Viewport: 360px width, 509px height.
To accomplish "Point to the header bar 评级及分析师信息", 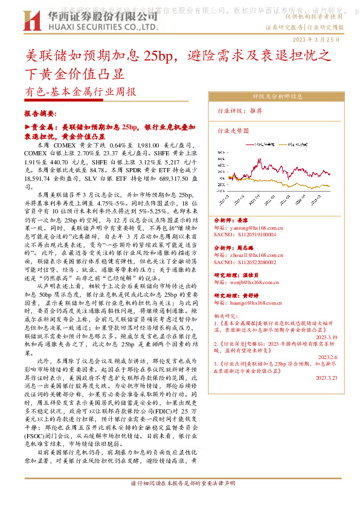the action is (277, 96).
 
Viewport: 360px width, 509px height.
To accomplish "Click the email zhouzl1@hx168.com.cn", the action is (246, 256).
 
